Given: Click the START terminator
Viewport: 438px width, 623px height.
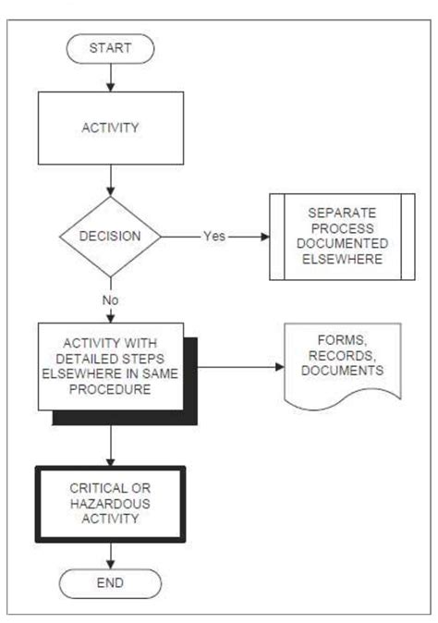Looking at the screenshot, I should coord(111,46).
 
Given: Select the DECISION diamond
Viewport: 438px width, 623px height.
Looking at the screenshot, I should coord(111,236).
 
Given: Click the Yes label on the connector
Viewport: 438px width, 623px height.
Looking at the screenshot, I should coord(214,236).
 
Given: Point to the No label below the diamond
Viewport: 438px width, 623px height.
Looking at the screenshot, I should coord(111,299).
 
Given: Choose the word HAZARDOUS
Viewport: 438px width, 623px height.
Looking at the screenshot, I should coord(110,504).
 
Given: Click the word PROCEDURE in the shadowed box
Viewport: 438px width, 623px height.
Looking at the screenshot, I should coord(110,389).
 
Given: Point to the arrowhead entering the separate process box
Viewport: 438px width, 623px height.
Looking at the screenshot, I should coord(265,236).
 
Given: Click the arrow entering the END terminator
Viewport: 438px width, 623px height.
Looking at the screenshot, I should coord(111,555).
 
